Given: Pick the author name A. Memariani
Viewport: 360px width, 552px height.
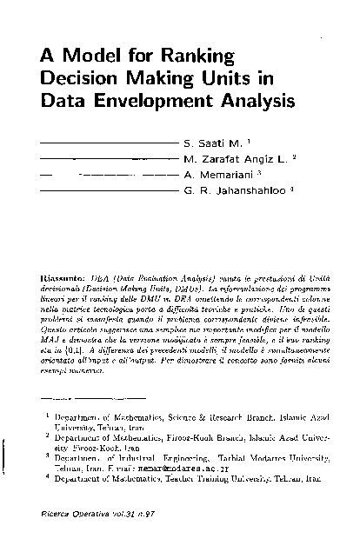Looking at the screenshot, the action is [x=215, y=175].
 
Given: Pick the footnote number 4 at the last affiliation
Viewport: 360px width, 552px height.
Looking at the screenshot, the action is [x=47, y=477].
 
